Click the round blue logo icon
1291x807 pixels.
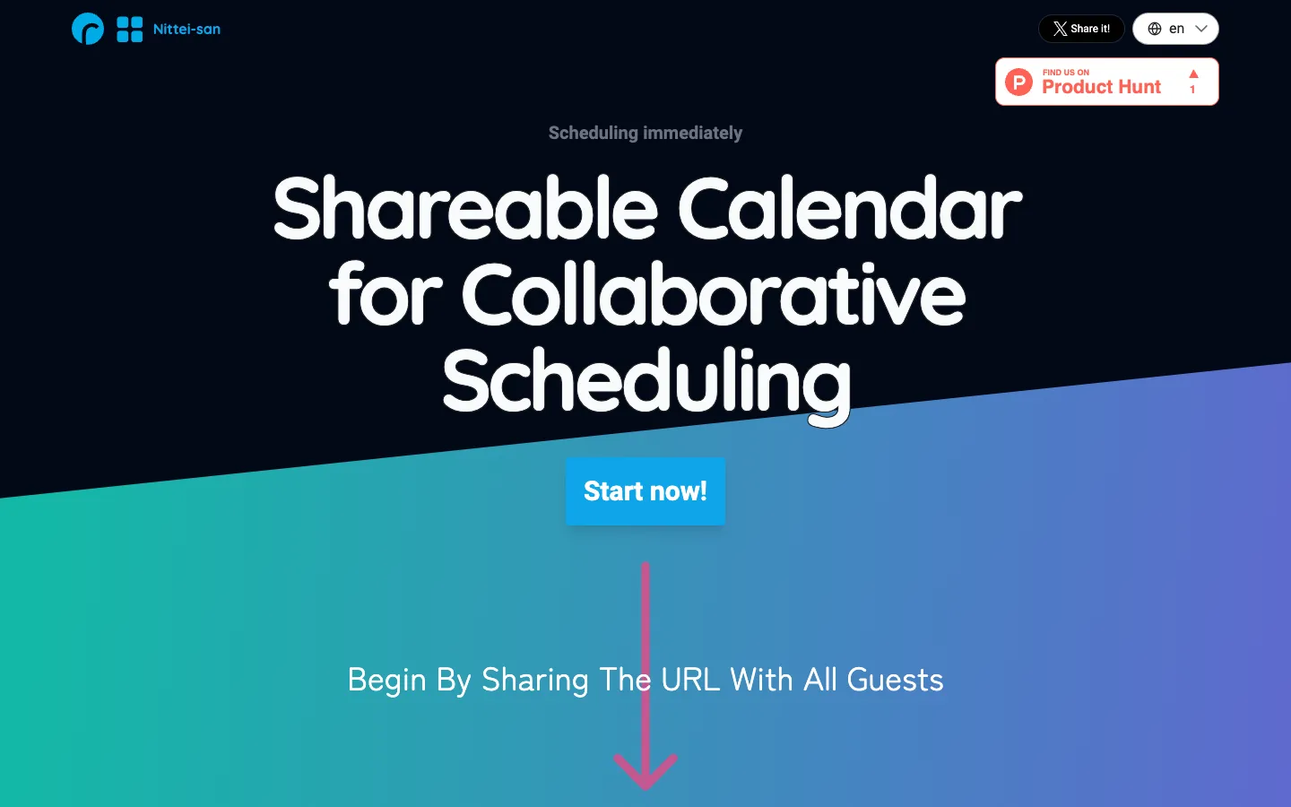tap(88, 29)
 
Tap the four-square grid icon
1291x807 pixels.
tap(130, 30)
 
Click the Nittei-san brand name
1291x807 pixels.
tap(186, 29)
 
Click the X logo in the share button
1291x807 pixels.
tap(1060, 29)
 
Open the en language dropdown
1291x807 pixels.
tap(1175, 29)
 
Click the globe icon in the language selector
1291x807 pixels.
tap(1155, 29)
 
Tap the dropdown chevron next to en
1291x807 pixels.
tap(1201, 29)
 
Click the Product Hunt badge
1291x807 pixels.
tap(1106, 82)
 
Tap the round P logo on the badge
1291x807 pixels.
tap(1019, 82)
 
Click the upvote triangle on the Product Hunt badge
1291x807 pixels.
tap(1193, 74)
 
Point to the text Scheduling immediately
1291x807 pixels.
tap(645, 133)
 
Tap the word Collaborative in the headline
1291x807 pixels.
tap(714, 294)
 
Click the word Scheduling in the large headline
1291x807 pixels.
tap(646, 385)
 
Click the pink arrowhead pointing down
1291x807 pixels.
tap(645, 771)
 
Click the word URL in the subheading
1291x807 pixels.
tap(690, 680)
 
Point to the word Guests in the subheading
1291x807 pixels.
tap(895, 680)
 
